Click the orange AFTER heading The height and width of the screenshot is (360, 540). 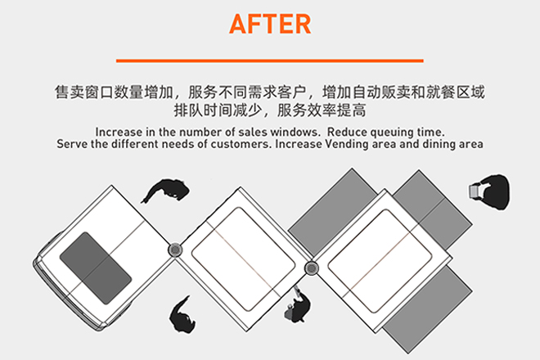point(270,24)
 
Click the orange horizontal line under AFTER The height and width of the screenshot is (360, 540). point(270,61)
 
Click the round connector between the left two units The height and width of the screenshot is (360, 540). point(175,249)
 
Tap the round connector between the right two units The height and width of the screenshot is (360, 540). point(312,268)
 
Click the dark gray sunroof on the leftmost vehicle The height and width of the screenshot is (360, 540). point(96,268)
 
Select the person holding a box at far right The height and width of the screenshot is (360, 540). point(489,192)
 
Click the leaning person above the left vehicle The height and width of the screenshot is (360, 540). point(165,191)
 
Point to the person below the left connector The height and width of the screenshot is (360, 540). point(182,315)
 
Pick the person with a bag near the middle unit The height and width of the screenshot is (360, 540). point(297,305)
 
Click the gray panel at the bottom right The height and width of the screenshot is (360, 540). point(427,309)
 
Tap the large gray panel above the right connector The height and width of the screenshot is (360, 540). point(332,213)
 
